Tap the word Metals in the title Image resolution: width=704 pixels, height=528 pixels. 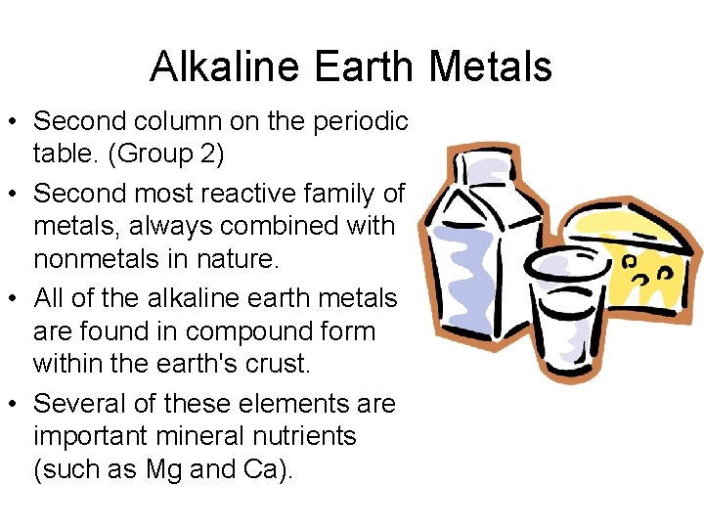tap(491, 66)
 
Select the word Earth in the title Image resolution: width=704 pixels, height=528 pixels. tap(365, 66)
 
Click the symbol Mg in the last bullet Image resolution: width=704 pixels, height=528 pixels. tap(163, 469)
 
